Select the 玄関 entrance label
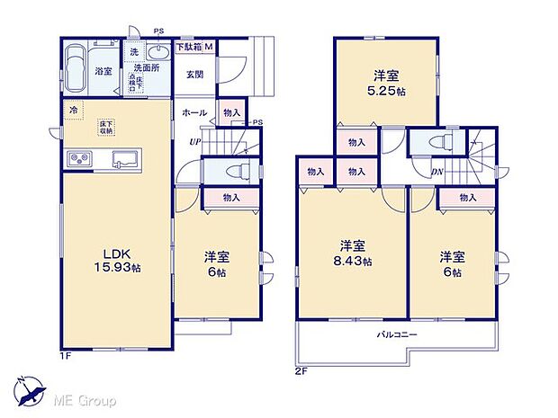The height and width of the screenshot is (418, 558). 195,75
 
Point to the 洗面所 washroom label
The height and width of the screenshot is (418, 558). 146,67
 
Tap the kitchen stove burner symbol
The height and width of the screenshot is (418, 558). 78,159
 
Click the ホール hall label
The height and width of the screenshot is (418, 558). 194,113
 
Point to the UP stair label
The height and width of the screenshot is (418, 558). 194,141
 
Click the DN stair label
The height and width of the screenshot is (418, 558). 436,173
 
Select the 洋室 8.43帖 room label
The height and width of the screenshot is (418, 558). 352,253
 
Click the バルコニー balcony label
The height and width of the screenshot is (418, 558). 396,334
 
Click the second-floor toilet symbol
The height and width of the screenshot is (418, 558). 434,143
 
